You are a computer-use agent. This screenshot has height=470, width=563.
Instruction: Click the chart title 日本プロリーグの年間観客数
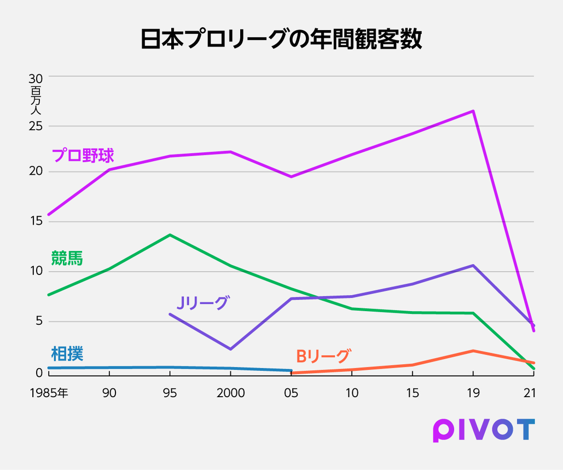coord(281,39)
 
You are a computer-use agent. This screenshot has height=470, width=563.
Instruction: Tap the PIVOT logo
coord(483,429)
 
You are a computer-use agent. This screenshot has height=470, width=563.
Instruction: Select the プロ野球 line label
coord(83,156)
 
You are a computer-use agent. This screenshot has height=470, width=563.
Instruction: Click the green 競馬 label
coord(67,259)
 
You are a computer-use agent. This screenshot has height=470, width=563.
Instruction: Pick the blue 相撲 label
coord(67,354)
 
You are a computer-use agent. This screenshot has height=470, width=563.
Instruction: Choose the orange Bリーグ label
coord(322,357)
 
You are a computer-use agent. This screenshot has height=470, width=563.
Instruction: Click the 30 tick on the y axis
coord(36,78)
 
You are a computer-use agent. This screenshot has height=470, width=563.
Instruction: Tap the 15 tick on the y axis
coord(36,222)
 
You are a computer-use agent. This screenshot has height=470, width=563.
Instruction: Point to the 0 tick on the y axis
coord(39,373)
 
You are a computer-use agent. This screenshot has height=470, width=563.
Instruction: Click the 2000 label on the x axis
coord(230,393)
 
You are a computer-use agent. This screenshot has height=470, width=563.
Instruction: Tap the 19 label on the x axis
coord(473,393)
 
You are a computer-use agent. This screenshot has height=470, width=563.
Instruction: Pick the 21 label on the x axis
coord(530,393)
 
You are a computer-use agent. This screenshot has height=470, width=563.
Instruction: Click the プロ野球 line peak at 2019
coord(473,111)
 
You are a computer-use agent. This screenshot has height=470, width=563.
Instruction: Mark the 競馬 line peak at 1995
coord(170,235)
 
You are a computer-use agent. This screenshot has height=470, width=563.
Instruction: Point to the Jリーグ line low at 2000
coord(230,349)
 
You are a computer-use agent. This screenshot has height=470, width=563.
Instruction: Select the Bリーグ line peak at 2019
coord(473,351)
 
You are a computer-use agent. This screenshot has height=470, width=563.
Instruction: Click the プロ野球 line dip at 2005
coord(291,176)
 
